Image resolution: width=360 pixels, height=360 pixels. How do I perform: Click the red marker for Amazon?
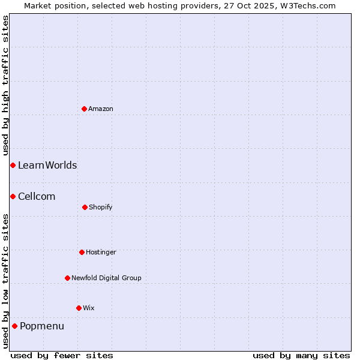[85, 109]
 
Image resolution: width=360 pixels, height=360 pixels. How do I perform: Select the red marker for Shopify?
[85, 207]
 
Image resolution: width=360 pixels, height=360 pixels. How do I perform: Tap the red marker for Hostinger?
[82, 252]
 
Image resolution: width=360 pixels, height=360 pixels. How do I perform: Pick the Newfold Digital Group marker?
[68, 278]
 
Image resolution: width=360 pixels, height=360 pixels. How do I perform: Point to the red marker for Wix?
[79, 308]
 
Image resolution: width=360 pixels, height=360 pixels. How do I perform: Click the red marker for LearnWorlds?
[13, 165]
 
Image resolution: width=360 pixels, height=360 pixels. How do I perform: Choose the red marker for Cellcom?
[13, 196]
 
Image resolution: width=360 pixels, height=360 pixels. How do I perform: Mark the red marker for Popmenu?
[14, 326]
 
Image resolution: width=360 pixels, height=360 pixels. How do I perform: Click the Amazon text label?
[101, 109]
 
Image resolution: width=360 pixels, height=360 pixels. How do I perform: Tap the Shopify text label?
[101, 207]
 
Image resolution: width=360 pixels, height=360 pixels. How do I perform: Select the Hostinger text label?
[101, 252]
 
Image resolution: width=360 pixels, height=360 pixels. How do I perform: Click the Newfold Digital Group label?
[106, 278]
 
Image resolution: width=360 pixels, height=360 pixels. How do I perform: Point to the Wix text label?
[89, 308]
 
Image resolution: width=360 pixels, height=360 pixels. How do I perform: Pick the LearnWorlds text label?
[47, 165]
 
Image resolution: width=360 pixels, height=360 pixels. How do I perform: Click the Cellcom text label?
[37, 196]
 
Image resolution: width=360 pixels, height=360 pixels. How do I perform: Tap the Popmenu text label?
[42, 326]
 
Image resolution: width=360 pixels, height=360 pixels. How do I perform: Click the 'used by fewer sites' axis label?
[62, 355]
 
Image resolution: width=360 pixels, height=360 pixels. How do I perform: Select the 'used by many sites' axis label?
[301, 355]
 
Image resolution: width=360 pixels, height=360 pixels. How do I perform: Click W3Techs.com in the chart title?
[306, 5]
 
